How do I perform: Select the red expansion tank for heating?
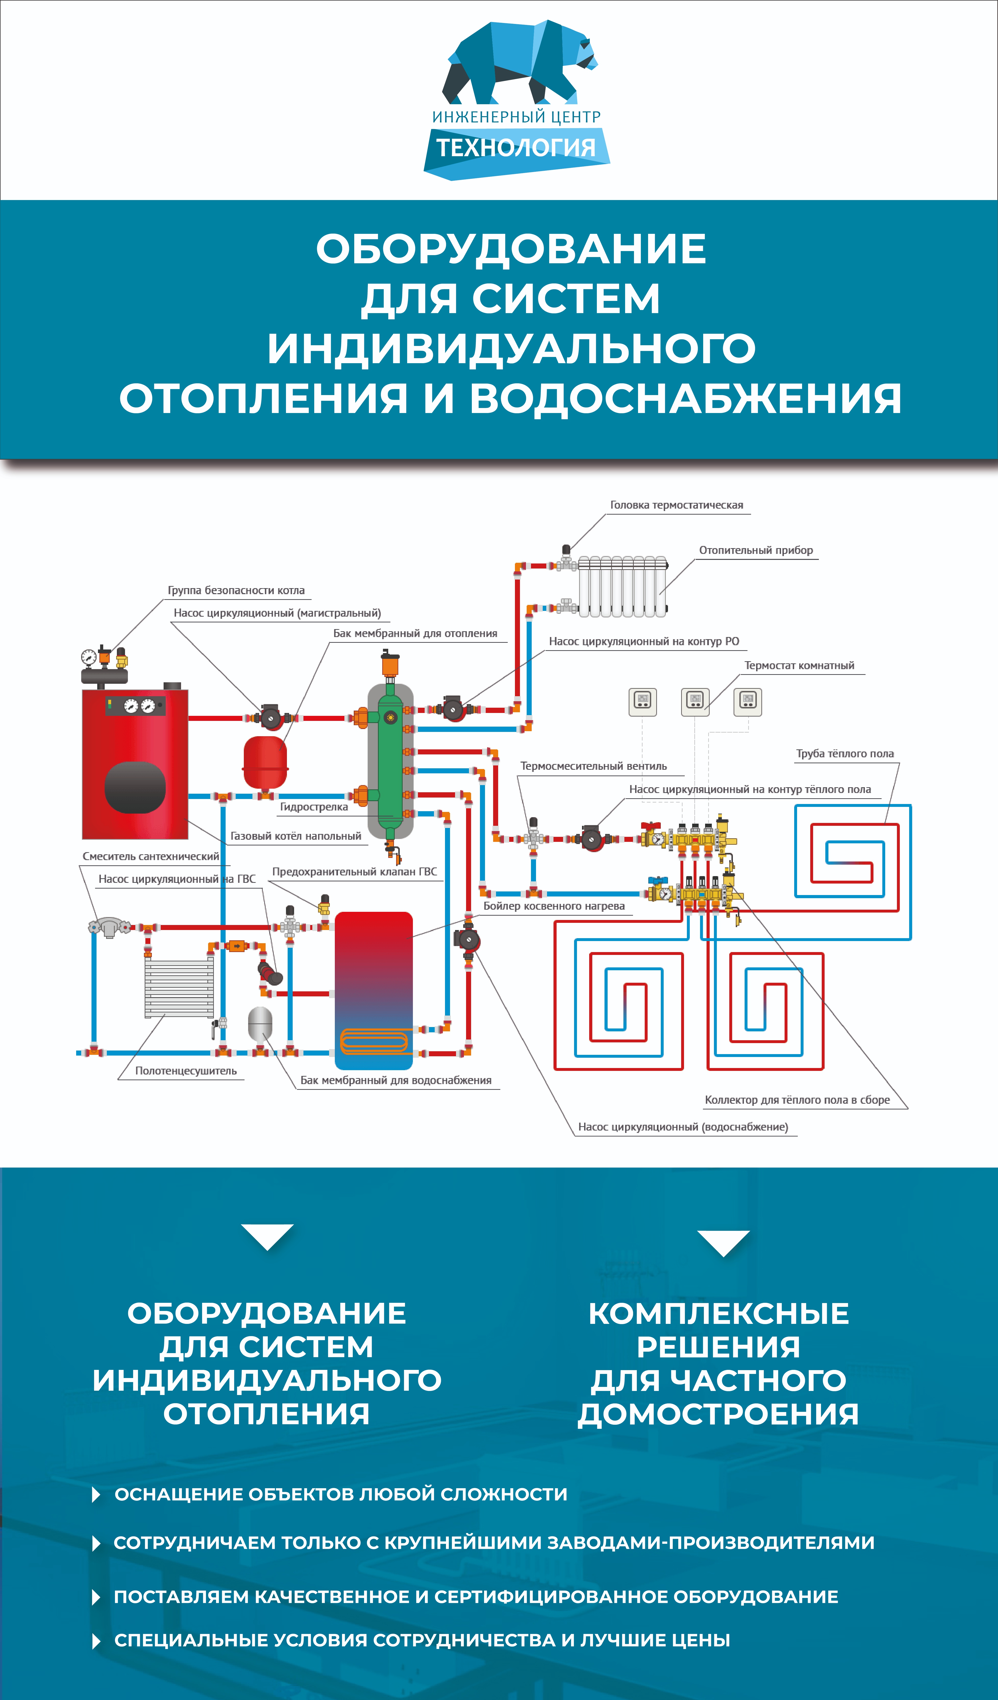click(265, 762)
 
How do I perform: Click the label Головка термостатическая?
click(676, 505)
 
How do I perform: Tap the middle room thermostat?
click(695, 702)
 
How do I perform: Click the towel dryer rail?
click(179, 988)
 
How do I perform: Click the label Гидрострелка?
click(314, 807)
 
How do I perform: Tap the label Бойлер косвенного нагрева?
click(554, 906)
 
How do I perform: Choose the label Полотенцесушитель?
click(185, 1071)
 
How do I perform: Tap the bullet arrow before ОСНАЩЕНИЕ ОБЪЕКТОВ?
click(96, 1494)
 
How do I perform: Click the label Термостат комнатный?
click(799, 665)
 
